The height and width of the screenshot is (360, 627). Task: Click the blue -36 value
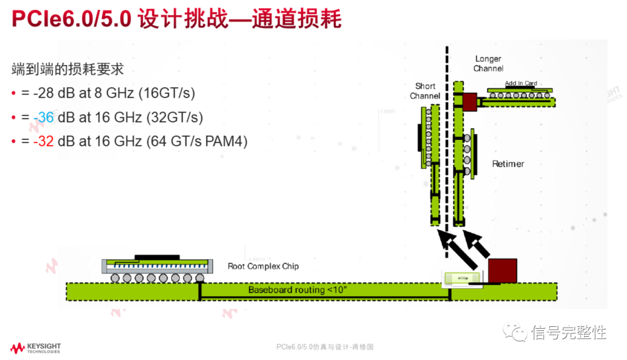click(x=44, y=117)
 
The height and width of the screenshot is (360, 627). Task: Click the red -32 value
click(x=44, y=141)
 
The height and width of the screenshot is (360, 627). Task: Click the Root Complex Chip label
click(x=263, y=267)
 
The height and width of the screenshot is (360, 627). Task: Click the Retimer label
click(x=508, y=164)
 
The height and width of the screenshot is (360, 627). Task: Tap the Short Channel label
click(x=425, y=91)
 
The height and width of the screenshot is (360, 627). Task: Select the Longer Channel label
click(x=488, y=63)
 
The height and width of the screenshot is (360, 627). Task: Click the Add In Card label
click(x=521, y=83)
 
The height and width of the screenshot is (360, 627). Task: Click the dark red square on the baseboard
click(x=502, y=271)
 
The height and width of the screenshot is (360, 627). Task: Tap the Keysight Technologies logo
click(x=35, y=348)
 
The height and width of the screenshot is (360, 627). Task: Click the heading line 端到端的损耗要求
click(x=68, y=69)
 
